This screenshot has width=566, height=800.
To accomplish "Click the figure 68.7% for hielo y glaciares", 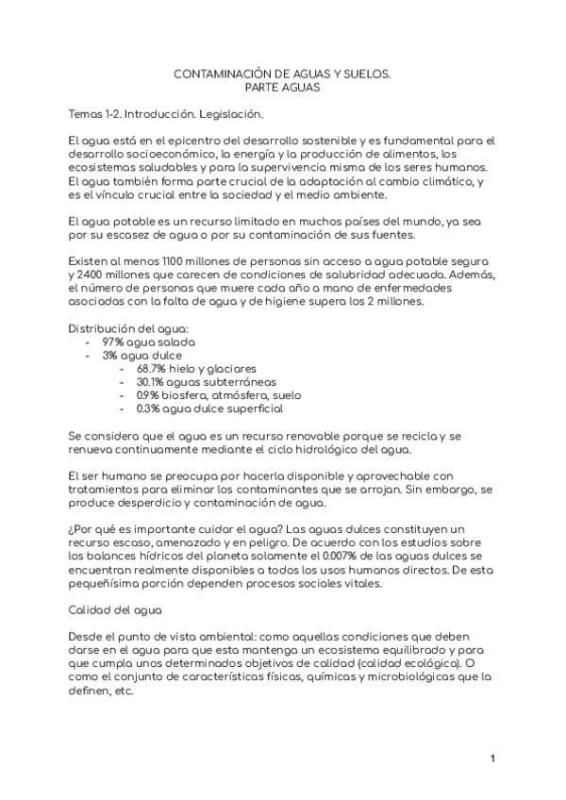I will tap(153, 369).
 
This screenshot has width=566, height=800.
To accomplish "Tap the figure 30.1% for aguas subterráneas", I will tap(153, 382).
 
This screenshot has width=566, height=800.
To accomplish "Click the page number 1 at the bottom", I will tap(493, 759).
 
